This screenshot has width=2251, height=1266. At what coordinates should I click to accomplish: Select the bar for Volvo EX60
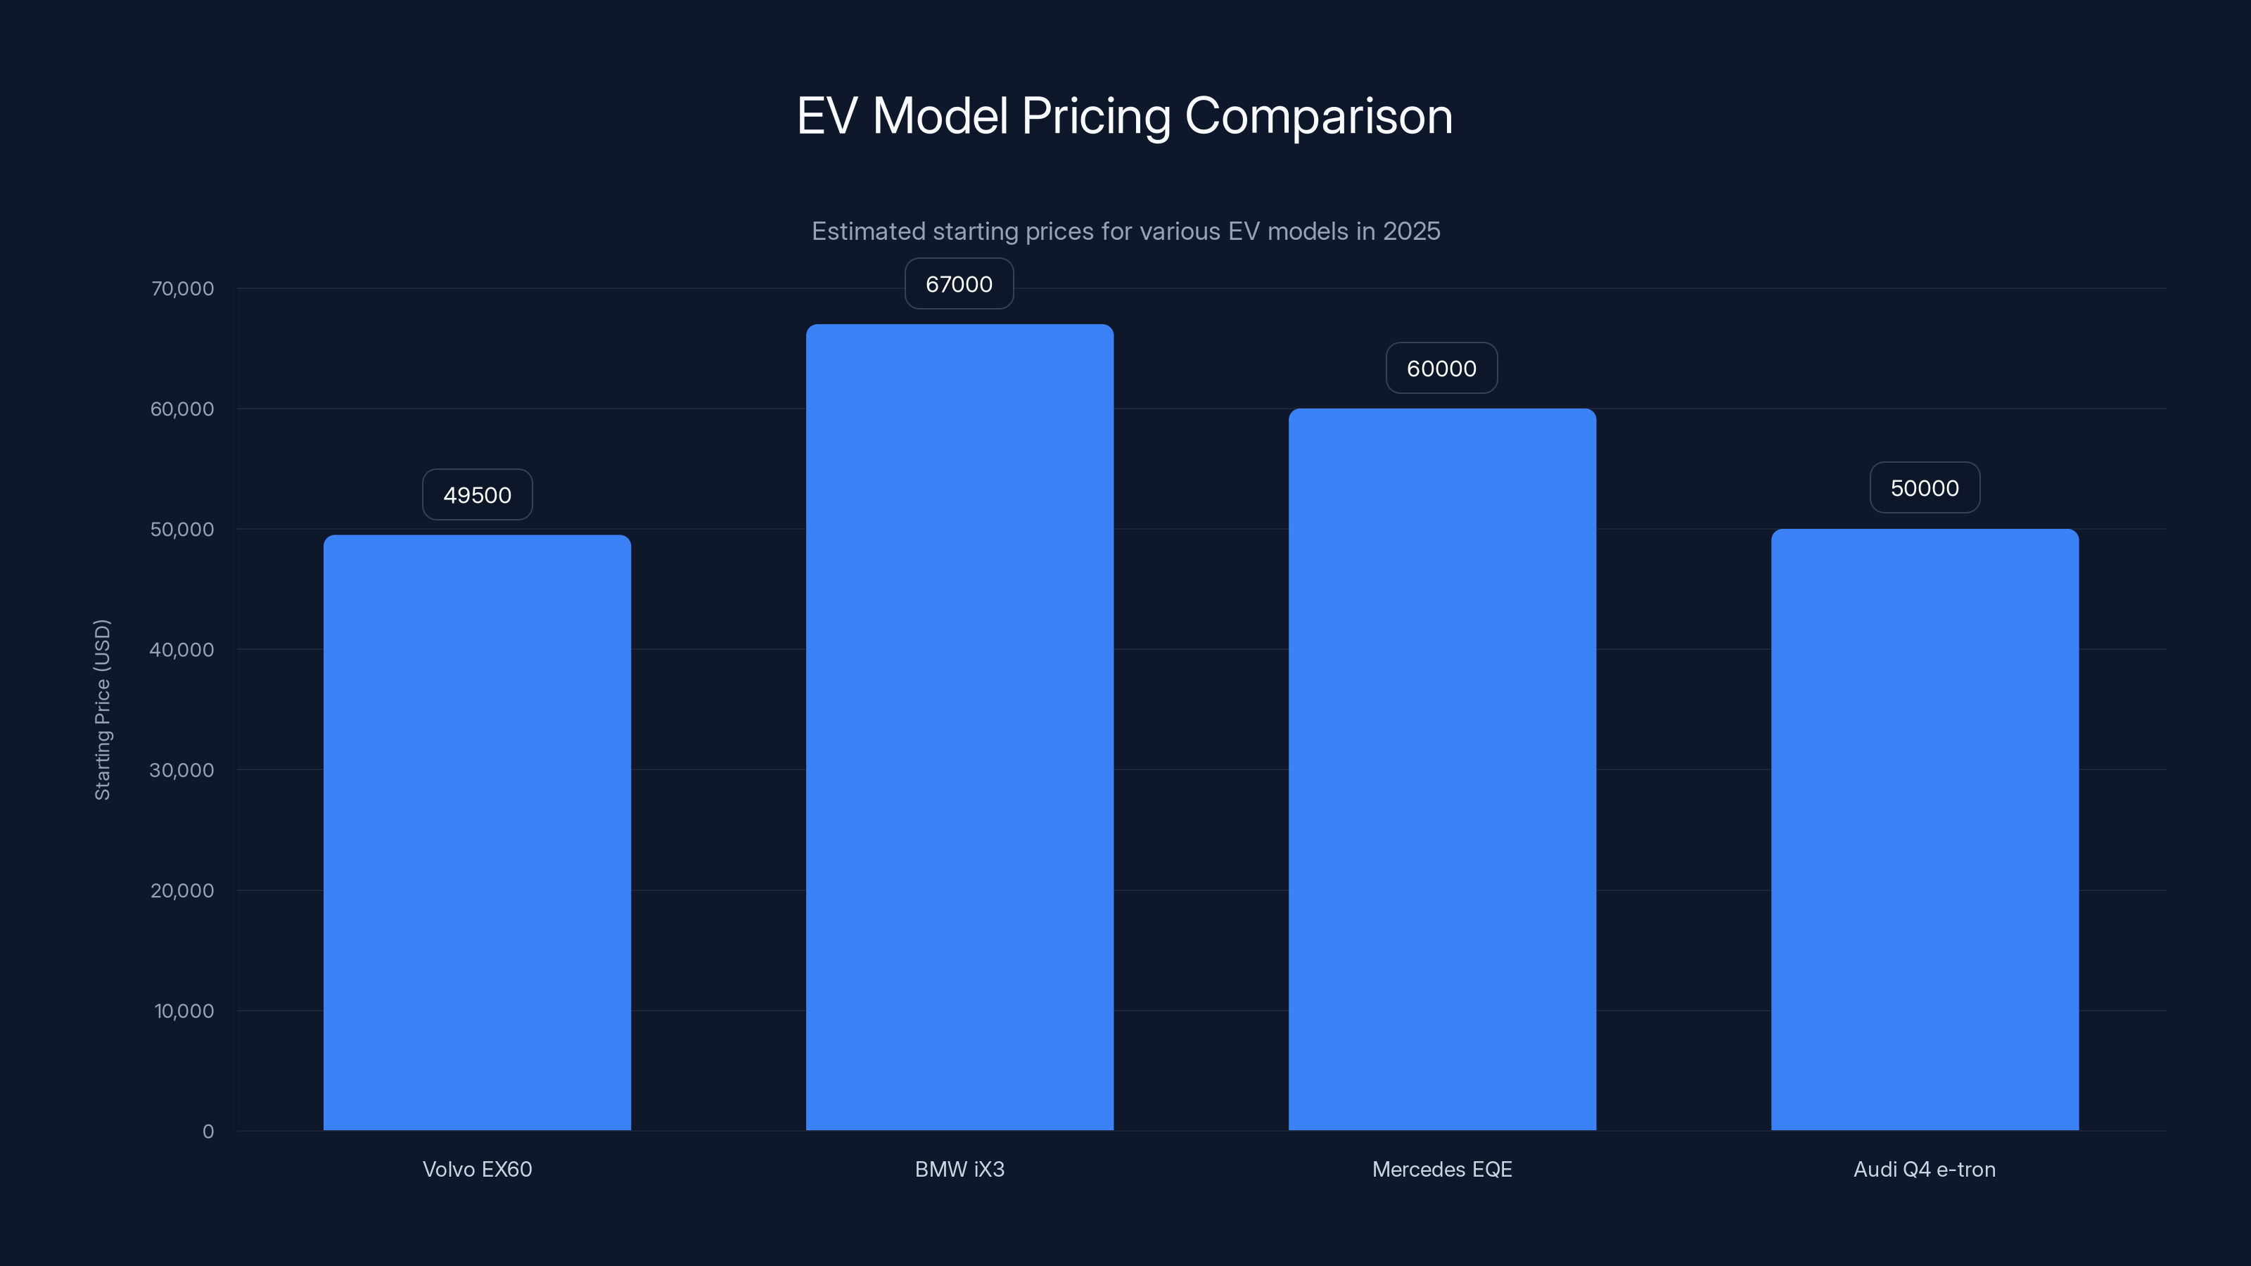click(477, 832)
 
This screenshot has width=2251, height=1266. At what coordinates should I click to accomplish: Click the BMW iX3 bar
click(959, 727)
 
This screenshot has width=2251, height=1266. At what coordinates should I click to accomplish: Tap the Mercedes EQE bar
click(1442, 769)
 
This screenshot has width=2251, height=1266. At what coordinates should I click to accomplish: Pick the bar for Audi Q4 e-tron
click(1924, 829)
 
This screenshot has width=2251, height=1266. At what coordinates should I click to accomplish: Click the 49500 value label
click(477, 494)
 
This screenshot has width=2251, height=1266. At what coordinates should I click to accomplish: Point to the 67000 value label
click(959, 284)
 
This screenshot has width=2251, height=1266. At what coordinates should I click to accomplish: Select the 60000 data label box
click(1441, 368)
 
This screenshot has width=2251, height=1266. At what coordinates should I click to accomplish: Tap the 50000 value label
click(1924, 487)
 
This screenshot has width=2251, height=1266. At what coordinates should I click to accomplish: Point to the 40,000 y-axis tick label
click(181, 649)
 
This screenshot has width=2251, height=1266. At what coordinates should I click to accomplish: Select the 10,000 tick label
click(184, 1011)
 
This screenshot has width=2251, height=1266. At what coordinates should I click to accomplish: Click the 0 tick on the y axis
click(208, 1132)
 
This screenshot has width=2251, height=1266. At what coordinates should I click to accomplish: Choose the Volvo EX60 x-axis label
click(477, 1169)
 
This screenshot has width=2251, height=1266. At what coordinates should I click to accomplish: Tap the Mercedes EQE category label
click(1442, 1169)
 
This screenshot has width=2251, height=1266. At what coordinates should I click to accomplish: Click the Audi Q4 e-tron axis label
click(1924, 1169)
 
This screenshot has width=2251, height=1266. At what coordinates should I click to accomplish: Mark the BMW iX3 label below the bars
click(959, 1169)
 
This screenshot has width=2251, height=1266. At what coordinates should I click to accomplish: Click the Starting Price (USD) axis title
click(102, 710)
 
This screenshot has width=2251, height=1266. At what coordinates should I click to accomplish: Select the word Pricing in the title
click(1096, 116)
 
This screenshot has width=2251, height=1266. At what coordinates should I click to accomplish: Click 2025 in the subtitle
click(1411, 231)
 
